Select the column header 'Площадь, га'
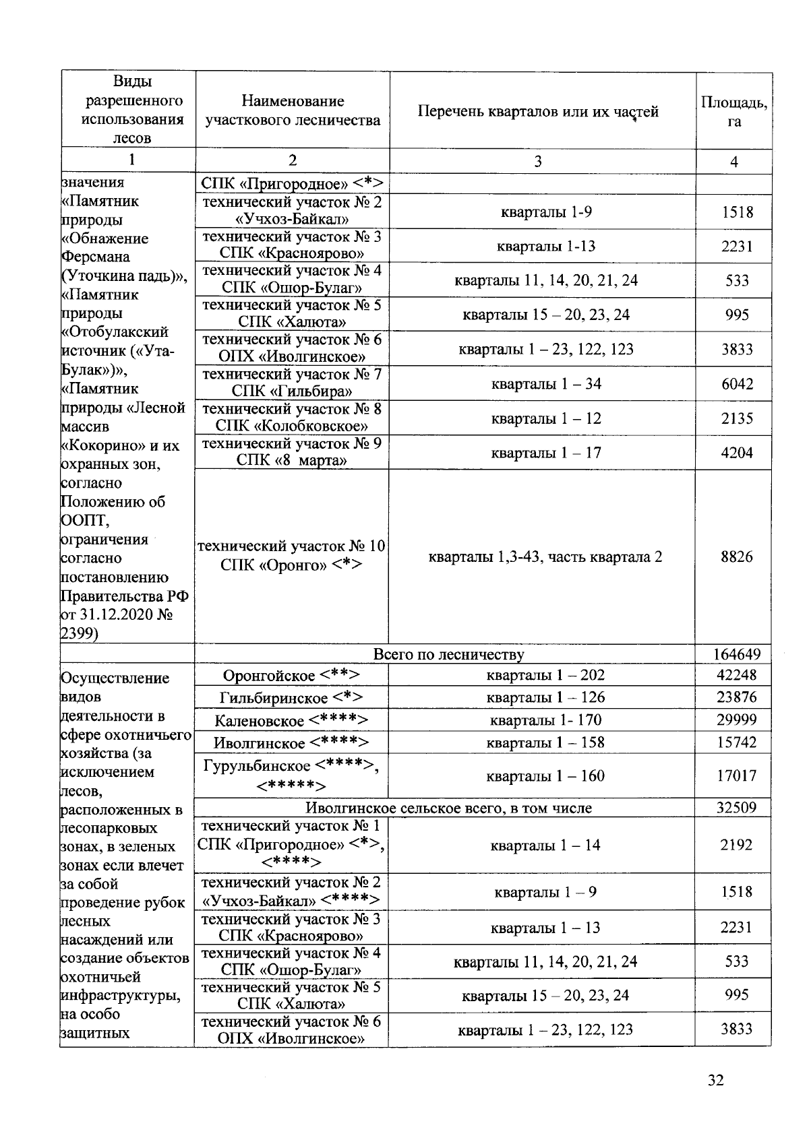coord(734,112)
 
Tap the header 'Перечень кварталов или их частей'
coord(538,112)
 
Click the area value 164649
coord(736,654)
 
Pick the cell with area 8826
coord(736,557)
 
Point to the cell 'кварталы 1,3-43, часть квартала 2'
coord(545,557)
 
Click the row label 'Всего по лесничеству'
coord(448,654)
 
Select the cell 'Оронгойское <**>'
coord(291,675)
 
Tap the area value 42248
coord(736,675)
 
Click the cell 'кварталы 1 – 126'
coord(545,697)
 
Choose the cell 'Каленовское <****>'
coord(291,720)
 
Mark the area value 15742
coord(736,742)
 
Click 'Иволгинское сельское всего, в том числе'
coord(448,808)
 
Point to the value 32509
coord(736,808)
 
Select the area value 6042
coord(736,384)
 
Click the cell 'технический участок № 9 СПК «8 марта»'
coord(291,452)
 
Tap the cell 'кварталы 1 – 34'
coord(545,384)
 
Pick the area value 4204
coord(736,453)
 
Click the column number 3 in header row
coord(537,161)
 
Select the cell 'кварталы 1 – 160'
coord(545,776)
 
